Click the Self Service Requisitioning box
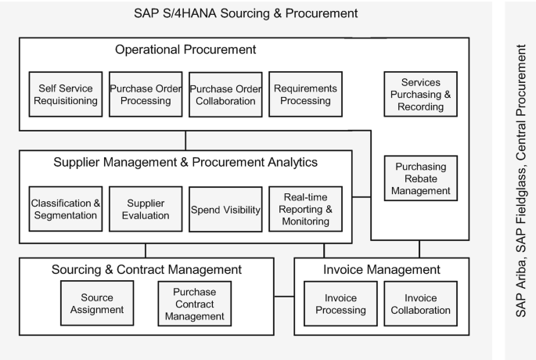(64, 94)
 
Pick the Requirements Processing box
(305, 94)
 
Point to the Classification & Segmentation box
(66, 209)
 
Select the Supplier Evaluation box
(145, 209)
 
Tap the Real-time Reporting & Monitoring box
(305, 209)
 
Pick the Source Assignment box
(97, 304)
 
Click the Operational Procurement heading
(185, 49)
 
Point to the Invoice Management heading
(382, 270)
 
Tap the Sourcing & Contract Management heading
(146, 270)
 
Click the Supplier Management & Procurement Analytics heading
(185, 163)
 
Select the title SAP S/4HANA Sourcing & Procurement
(246, 13)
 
